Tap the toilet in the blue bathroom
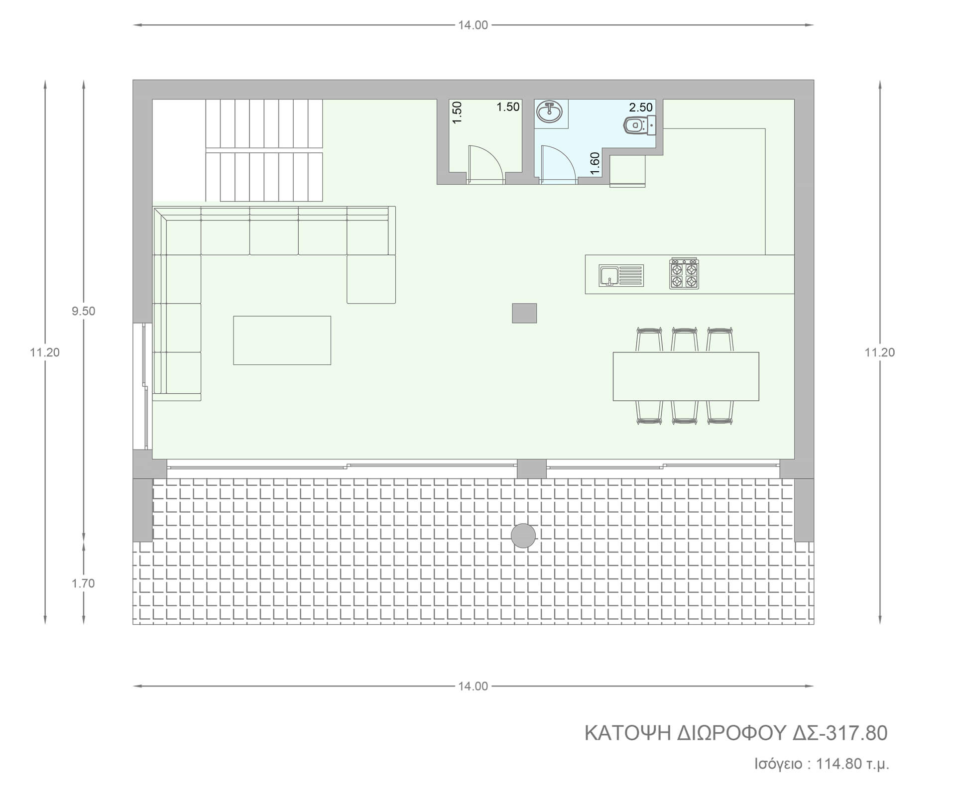(640, 124)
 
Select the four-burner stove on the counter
(684, 274)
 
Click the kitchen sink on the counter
(621, 276)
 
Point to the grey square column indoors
(524, 313)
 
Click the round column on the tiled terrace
(523, 536)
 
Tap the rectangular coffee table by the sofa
(282, 340)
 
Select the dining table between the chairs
(686, 376)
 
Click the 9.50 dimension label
(83, 311)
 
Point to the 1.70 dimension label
(83, 583)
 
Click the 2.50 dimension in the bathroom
(641, 107)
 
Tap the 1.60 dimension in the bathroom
(595, 164)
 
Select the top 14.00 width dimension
(473, 25)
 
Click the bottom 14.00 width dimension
(473, 686)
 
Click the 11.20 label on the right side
(880, 352)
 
